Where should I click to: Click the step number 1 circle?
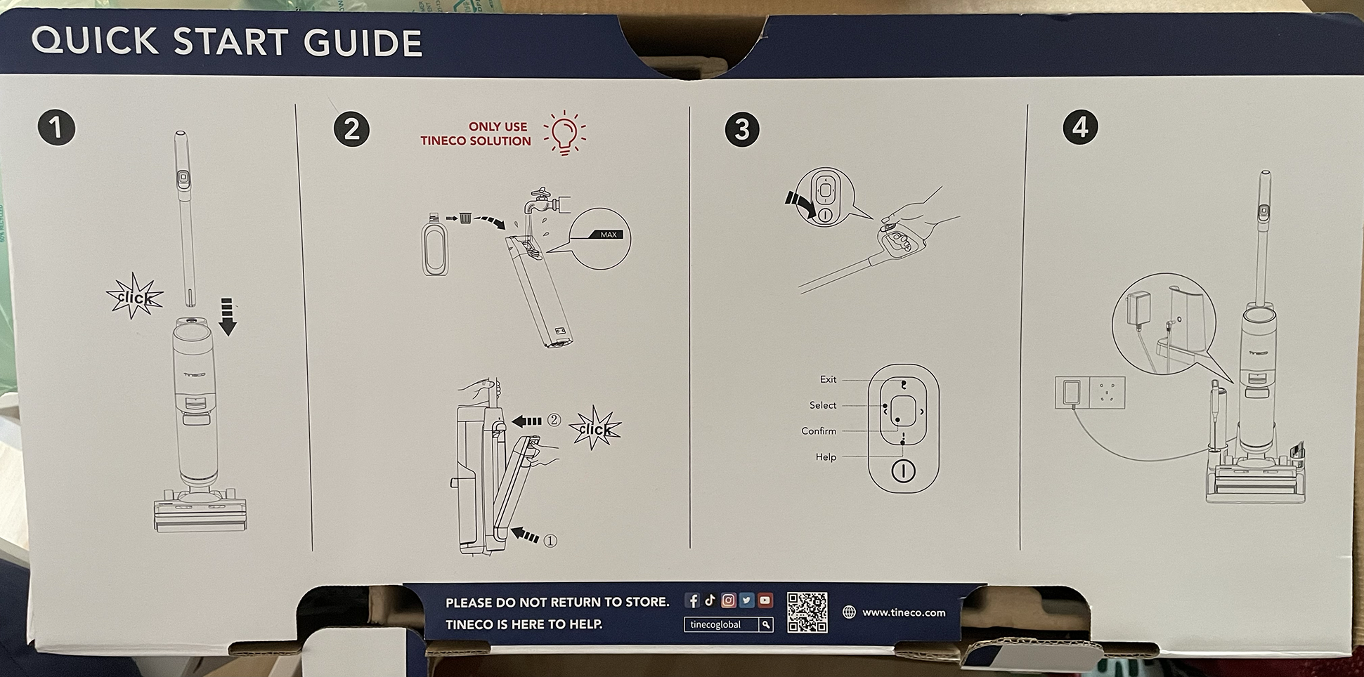[x=56, y=128]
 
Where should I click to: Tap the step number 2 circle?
[x=351, y=129]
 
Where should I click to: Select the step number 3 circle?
[x=742, y=129]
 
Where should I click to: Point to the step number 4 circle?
[x=1080, y=127]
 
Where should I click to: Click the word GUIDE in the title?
[x=363, y=43]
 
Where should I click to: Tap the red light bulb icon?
[x=564, y=133]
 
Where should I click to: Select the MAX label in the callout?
[x=608, y=235]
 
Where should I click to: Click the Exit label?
[x=828, y=379]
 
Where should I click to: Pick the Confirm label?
[x=819, y=431]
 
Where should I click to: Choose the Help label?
[x=826, y=457]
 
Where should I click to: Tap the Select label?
[x=823, y=405]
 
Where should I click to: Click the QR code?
[x=807, y=612]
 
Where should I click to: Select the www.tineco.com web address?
[x=904, y=612]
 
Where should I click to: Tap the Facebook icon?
[x=692, y=600]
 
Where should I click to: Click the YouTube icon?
[x=765, y=600]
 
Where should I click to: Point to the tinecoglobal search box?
[x=729, y=624]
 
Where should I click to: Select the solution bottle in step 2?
[x=435, y=244]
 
